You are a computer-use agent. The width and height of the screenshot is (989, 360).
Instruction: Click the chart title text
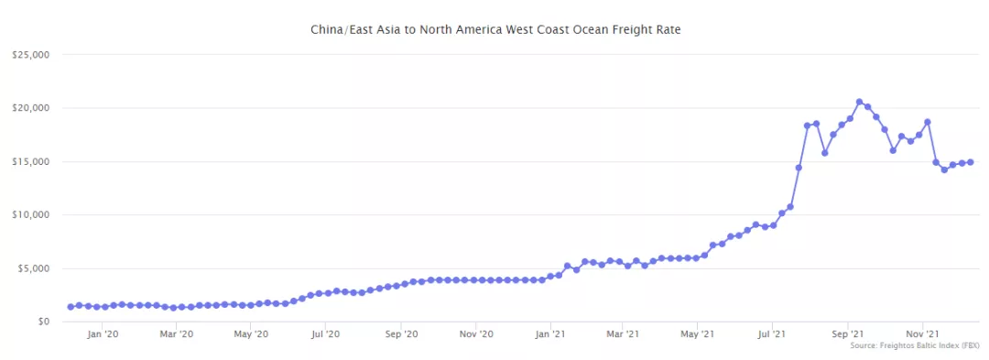[495, 30]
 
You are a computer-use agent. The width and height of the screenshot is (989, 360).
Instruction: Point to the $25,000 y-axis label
[30, 55]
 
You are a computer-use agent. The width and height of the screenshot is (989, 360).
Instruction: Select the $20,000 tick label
[30, 108]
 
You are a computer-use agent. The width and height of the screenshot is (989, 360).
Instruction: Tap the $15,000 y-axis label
[30, 161]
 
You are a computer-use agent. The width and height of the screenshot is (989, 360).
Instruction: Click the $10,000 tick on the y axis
[30, 214]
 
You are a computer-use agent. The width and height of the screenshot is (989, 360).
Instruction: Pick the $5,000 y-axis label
[33, 268]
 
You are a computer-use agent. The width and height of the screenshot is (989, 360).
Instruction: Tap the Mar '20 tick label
[176, 334]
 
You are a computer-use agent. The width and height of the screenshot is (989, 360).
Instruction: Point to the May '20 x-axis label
[251, 334]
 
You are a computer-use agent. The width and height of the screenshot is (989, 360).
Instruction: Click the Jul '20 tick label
[326, 334]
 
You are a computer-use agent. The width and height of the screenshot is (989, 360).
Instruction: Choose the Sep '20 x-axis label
[402, 334]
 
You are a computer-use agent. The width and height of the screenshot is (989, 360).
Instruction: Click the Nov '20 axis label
[476, 334]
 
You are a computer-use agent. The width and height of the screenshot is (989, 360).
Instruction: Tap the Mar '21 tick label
[622, 334]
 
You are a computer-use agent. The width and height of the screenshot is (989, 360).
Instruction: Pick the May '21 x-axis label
[697, 334]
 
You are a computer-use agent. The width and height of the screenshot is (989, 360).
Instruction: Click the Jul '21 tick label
[772, 334]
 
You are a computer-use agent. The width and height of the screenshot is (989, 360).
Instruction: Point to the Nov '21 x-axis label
[923, 334]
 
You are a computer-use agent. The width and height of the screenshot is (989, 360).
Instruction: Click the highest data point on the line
[859, 102]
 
